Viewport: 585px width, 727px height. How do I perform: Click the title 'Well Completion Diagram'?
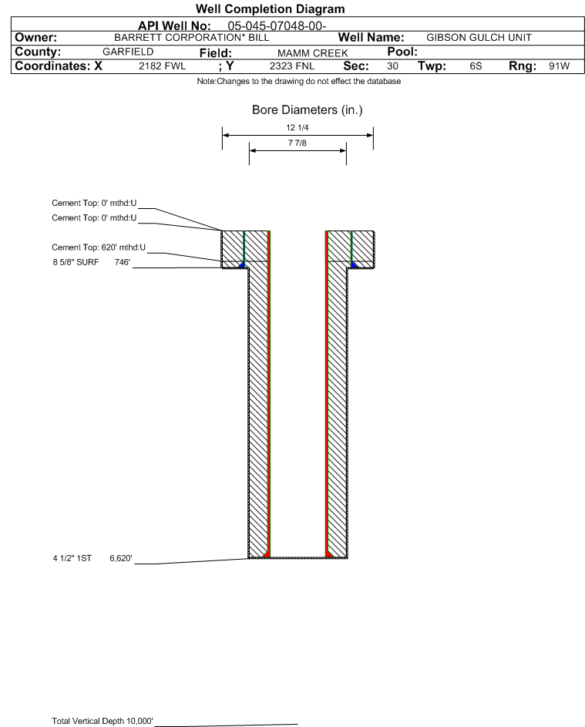[271, 8]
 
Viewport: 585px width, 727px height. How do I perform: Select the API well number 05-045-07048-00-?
[277, 26]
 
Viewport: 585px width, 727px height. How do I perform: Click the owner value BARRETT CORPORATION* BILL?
[191, 38]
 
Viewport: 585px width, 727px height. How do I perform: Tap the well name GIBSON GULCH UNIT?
[479, 38]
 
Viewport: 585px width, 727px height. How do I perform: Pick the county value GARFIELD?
[128, 52]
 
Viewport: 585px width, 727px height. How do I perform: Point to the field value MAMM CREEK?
[312, 53]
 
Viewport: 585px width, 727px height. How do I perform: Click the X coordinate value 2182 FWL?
[162, 66]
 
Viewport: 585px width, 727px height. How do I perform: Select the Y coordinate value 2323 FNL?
[292, 66]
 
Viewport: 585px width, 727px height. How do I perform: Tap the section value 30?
[392, 66]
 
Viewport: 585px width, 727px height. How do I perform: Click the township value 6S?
[476, 66]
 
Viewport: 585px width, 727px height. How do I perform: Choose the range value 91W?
[559, 66]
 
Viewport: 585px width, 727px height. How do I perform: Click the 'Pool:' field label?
[402, 52]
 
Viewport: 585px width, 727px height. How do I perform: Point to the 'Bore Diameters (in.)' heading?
[308, 110]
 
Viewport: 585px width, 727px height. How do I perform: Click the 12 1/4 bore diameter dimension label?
[298, 127]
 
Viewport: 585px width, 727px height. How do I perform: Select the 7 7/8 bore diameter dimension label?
[298, 143]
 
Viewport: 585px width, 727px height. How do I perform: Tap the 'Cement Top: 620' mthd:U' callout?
[99, 247]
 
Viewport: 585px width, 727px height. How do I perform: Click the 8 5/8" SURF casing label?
[76, 262]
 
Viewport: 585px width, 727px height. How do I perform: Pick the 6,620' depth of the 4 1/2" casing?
[121, 558]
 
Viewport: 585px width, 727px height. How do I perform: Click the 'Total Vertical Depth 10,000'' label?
[103, 721]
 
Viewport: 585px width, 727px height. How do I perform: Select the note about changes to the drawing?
[299, 81]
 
